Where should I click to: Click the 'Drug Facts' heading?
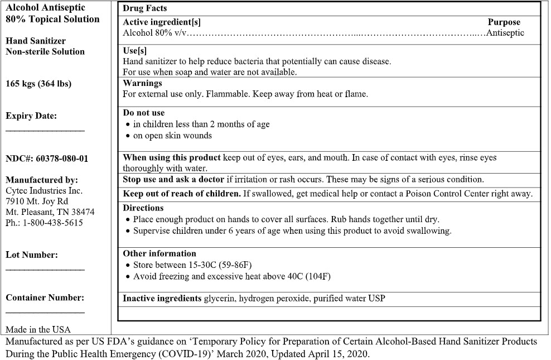click(144, 9)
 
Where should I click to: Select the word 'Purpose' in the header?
click(504, 22)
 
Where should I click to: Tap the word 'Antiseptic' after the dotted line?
click(505, 33)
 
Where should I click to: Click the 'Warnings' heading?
click(142, 83)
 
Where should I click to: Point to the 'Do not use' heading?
click(143, 113)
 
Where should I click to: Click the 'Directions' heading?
click(143, 208)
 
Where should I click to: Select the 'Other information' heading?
click(159, 253)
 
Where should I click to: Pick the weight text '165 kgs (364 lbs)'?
click(38, 84)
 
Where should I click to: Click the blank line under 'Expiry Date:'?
click(45, 130)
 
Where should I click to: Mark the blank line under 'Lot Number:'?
click(45, 270)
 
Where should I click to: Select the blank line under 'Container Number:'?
click(45, 313)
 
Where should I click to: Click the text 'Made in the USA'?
click(38, 329)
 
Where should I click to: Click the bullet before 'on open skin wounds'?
click(129, 136)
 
